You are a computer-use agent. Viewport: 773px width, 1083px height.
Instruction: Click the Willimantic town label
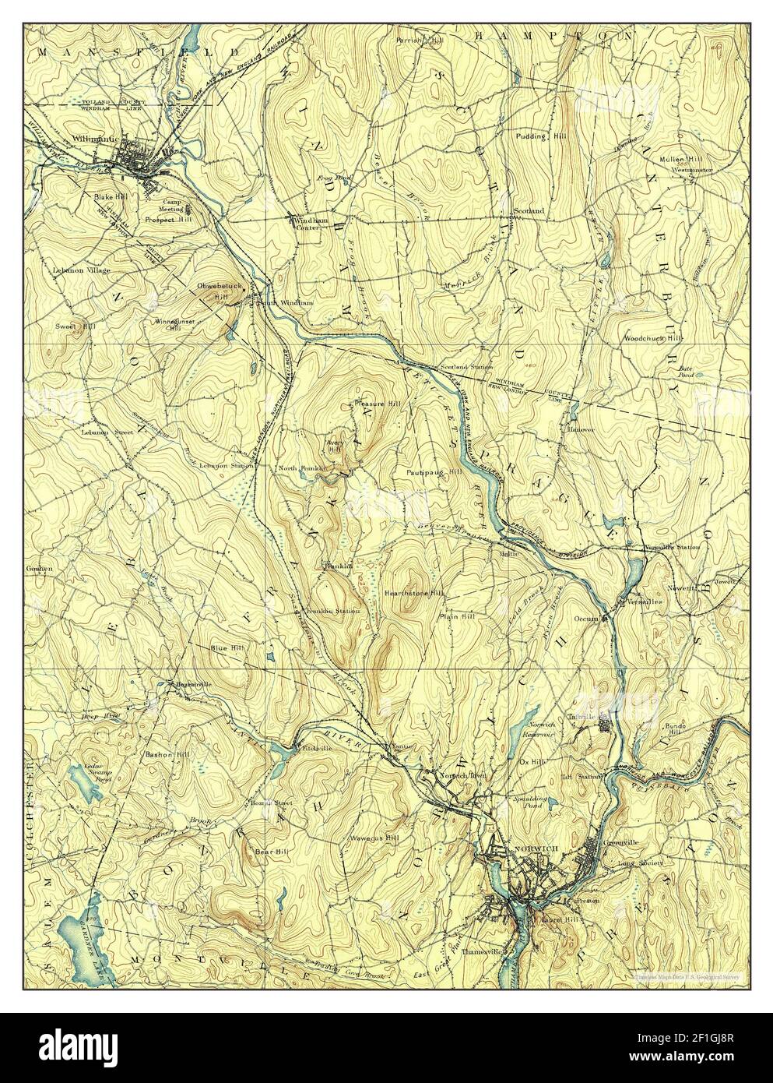point(93,138)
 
